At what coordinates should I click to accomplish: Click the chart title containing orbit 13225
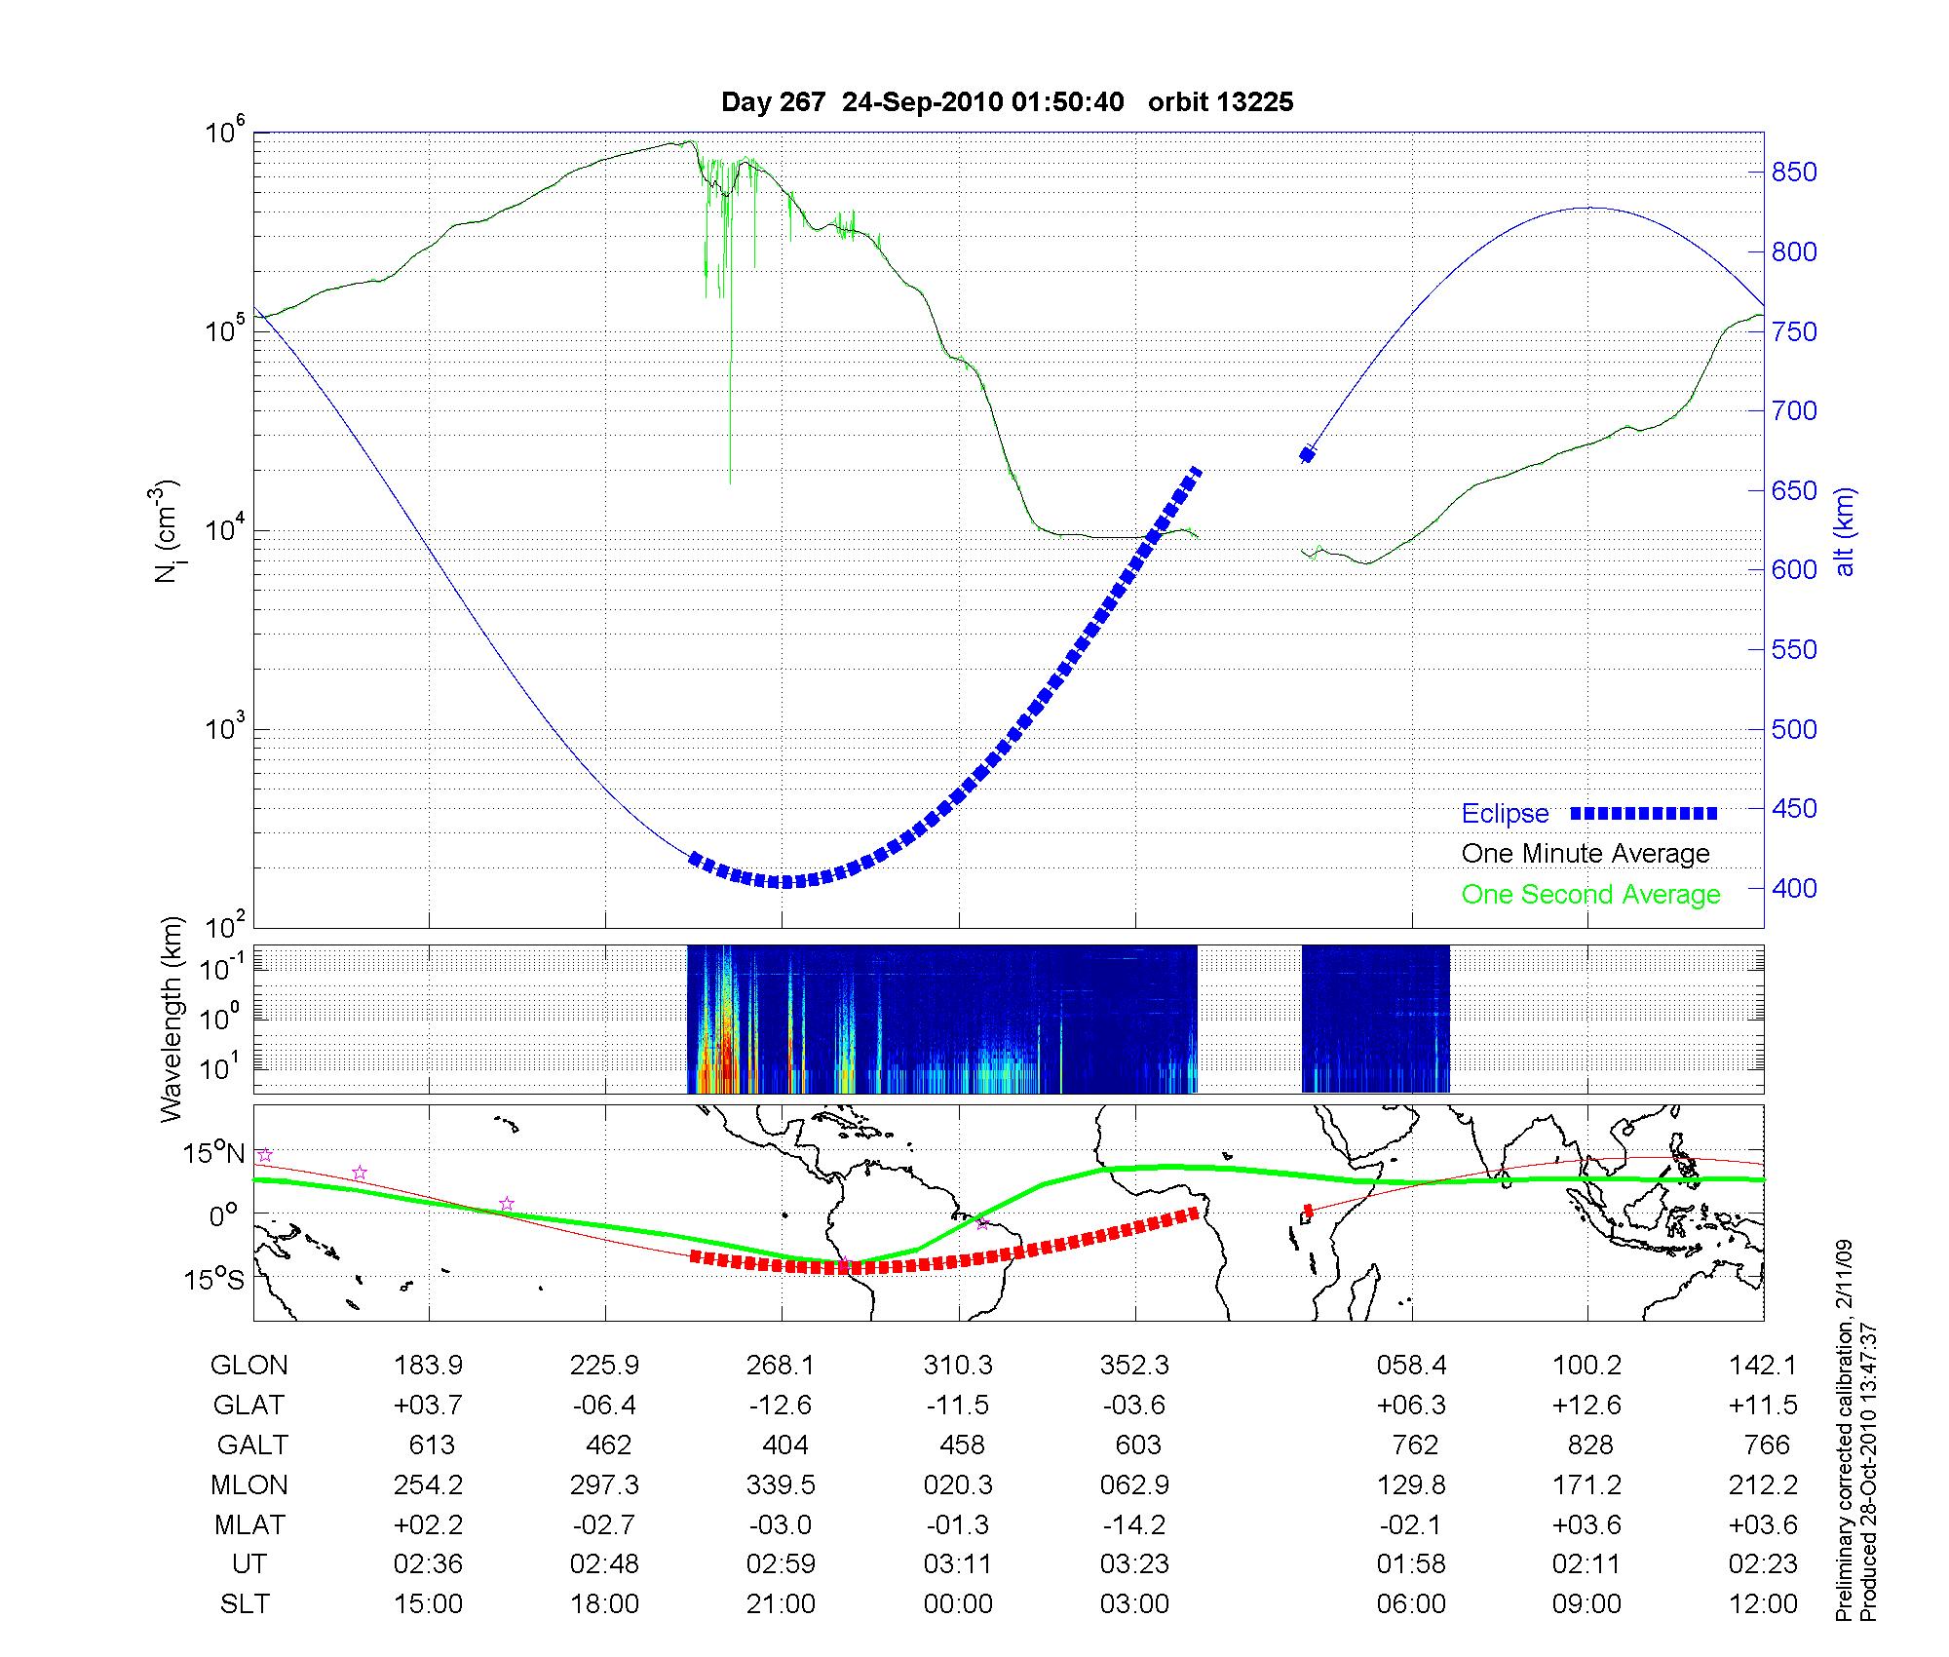tap(1007, 102)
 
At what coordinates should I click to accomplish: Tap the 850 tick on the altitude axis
tap(1794, 173)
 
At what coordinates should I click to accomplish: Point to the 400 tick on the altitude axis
tap(1794, 888)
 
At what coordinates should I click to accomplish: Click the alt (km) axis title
tap(1845, 531)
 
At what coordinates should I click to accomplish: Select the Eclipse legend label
tap(1505, 814)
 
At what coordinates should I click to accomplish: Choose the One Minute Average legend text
tap(1586, 854)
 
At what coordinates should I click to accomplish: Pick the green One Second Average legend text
tap(1590, 895)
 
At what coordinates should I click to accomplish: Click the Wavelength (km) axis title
tap(172, 1020)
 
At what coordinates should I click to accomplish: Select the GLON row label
tap(248, 1366)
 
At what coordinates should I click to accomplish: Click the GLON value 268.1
tap(781, 1366)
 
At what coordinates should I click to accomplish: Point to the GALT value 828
tap(1590, 1445)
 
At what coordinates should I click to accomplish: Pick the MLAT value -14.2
tap(1134, 1524)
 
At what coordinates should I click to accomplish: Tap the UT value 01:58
tap(1411, 1564)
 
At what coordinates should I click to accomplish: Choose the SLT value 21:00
tap(781, 1604)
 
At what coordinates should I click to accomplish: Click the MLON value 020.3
tap(959, 1485)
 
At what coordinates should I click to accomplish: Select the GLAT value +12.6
tap(1587, 1406)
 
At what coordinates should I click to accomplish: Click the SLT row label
tap(245, 1604)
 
